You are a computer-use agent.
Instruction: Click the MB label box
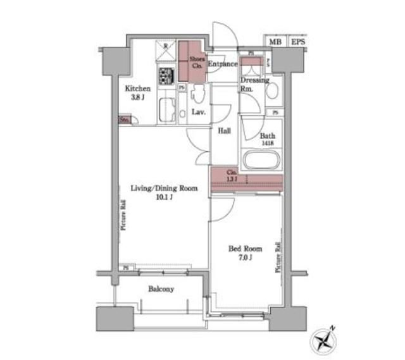pyautogui.click(x=274, y=42)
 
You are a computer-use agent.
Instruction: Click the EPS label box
pyautogui.click(x=297, y=42)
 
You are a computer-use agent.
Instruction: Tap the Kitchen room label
pyautogui.click(x=137, y=89)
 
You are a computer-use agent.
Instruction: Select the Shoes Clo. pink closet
pyautogui.click(x=192, y=61)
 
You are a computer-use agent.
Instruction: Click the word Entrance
pyautogui.click(x=222, y=64)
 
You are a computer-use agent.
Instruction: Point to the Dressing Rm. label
pyautogui.click(x=254, y=85)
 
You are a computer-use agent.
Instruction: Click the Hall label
pyautogui.click(x=225, y=131)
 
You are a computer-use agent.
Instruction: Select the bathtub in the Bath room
pyautogui.click(x=262, y=159)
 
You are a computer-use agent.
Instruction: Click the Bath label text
pyautogui.click(x=267, y=135)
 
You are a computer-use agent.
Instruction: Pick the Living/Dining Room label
pyautogui.click(x=164, y=189)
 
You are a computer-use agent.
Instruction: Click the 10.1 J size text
pyautogui.click(x=164, y=197)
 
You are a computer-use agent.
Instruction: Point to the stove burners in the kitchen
pyautogui.click(x=166, y=77)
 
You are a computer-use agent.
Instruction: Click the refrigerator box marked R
pyautogui.click(x=166, y=49)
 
